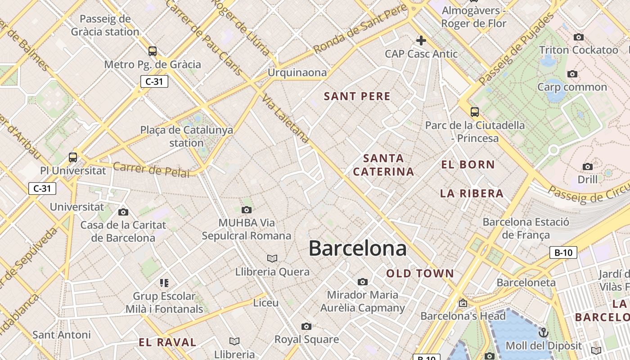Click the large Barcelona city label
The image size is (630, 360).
click(358, 248)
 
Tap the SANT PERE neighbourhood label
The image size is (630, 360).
click(357, 96)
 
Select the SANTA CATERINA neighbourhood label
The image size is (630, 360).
click(383, 165)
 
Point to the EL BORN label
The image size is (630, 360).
click(468, 165)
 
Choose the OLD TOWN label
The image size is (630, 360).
click(420, 274)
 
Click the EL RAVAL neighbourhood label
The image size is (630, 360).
click(167, 342)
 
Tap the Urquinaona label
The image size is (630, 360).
click(297, 72)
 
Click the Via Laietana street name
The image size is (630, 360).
click(286, 119)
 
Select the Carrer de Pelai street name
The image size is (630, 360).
click(151, 170)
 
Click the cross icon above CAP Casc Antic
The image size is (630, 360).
click(421, 41)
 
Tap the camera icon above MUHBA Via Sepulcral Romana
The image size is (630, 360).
click(246, 210)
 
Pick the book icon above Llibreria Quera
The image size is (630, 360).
click(272, 258)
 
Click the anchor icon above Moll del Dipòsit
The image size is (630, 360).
click(544, 333)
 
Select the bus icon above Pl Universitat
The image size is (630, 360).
click(73, 157)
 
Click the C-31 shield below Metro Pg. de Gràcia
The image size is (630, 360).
click(154, 81)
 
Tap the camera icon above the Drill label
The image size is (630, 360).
click(587, 167)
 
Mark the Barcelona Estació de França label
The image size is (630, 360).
click(526, 228)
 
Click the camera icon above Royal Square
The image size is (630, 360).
click(306, 326)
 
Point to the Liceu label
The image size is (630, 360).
click(266, 303)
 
